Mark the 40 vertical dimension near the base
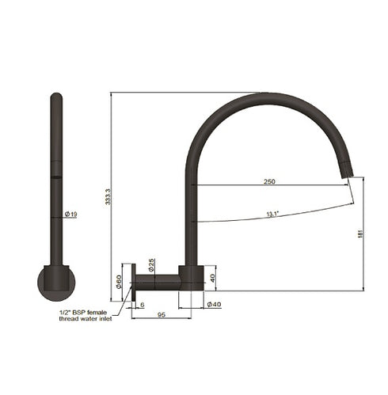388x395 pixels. tap(212, 278)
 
